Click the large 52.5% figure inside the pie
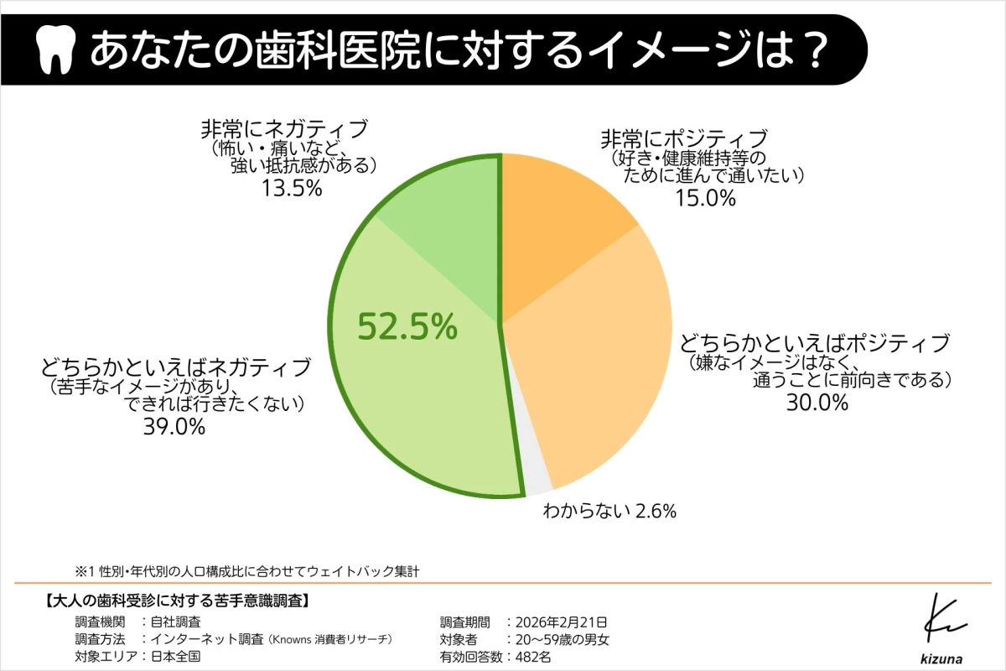[x=407, y=326]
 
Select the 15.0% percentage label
[x=705, y=198]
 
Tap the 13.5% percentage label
[x=293, y=188]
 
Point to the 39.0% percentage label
[x=175, y=427]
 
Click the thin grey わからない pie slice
[x=536, y=478]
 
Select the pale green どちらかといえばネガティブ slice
[x=419, y=403]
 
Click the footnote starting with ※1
[x=246, y=571]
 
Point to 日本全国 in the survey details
[x=176, y=657]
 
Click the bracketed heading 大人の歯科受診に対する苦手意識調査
[x=177, y=601]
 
